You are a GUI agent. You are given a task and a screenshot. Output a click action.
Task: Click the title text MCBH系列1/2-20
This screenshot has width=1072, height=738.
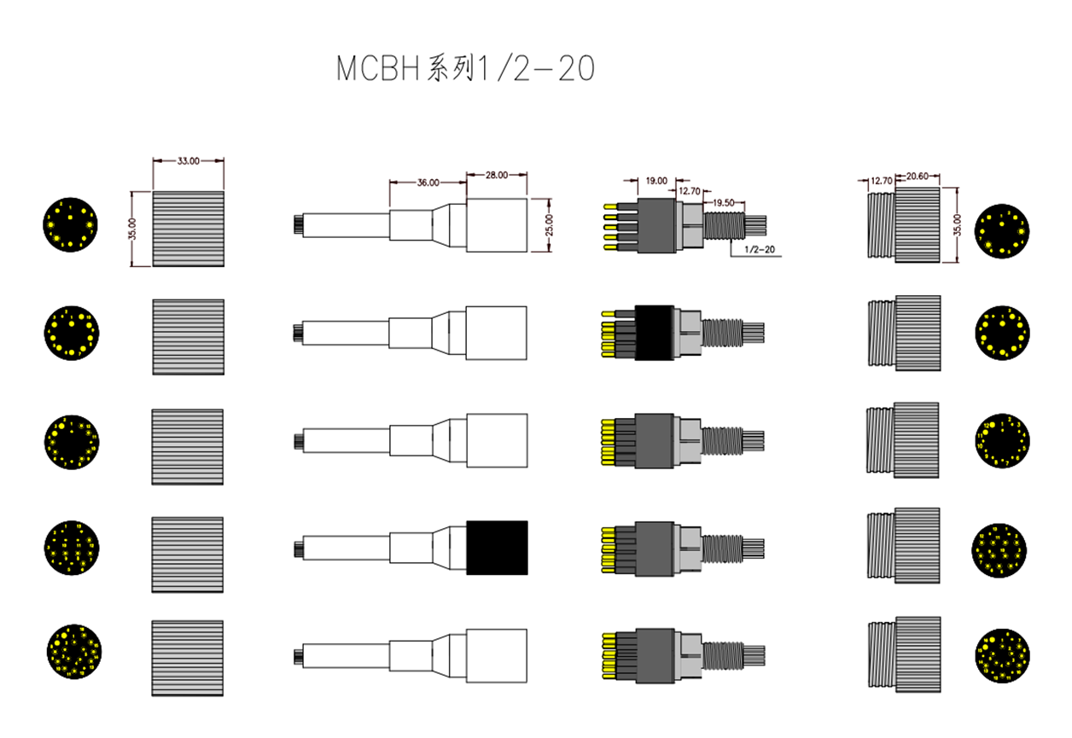[x=465, y=69]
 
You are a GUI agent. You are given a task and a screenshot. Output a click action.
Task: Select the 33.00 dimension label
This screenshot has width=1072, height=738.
[x=188, y=160]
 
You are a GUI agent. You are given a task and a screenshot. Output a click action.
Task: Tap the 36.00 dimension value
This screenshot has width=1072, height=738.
[x=428, y=182]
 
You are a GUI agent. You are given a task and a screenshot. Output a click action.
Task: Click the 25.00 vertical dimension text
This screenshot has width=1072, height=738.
[x=549, y=225]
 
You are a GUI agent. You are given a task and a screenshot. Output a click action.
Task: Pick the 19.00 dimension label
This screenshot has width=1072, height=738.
[x=656, y=181]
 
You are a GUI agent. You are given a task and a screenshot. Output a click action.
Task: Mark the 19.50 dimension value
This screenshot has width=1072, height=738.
[x=722, y=202]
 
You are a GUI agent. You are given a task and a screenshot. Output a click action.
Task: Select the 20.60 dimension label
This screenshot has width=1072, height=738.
[x=917, y=177]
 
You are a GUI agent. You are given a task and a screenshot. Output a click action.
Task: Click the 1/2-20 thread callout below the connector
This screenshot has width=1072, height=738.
[x=759, y=251]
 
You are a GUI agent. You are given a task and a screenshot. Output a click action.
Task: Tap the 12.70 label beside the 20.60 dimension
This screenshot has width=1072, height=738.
[x=881, y=181]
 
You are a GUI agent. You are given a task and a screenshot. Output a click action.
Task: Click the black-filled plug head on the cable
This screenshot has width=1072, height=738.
[x=497, y=547]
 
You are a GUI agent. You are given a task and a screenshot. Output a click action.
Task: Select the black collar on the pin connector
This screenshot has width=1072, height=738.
[x=656, y=333]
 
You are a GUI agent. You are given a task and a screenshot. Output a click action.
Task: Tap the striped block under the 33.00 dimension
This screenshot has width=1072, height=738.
[x=188, y=229]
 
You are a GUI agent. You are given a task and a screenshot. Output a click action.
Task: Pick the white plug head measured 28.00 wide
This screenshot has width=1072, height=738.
[x=497, y=225]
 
